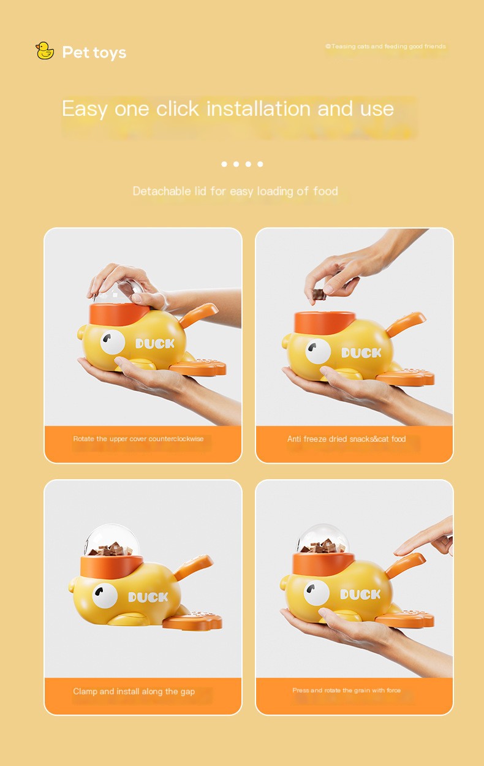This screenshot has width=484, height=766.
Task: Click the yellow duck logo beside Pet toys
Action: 45,51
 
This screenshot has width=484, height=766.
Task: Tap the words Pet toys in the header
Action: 94,52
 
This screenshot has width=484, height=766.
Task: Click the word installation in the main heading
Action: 259,108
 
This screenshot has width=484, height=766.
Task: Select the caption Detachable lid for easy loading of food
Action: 235,191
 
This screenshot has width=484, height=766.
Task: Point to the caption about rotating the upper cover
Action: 138,439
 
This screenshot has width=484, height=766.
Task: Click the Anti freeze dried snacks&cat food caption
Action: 346,439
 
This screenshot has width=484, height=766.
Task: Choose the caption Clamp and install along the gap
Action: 134,691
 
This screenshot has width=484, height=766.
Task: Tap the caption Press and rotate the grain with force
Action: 346,690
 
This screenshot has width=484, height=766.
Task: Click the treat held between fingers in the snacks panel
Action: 319,294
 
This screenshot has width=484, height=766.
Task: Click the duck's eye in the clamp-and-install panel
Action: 105,596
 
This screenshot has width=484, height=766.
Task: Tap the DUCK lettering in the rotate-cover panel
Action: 155,344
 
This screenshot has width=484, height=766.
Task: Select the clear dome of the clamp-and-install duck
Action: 112,540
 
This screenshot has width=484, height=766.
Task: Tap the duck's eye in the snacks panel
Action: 318,351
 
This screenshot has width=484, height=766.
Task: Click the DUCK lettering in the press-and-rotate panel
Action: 360,594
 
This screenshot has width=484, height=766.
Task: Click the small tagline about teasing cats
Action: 385,46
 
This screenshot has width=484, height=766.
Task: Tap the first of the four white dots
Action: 224,164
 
